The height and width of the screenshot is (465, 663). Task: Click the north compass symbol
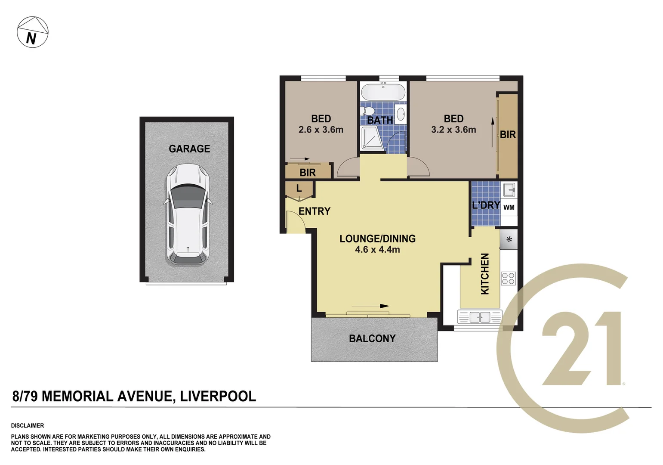coord(32,32)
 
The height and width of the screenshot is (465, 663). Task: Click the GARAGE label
coord(189,149)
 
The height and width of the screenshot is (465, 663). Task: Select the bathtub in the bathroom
coord(383,92)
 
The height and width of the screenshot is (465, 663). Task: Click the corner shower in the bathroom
coord(372,138)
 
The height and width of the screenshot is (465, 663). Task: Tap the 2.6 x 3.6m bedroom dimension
coord(321,130)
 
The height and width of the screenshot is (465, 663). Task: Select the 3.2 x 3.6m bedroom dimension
coord(453,130)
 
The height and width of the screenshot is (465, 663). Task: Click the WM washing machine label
coord(509,208)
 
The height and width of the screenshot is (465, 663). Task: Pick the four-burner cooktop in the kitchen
coord(508,278)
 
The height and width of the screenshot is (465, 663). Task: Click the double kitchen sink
coord(480,317)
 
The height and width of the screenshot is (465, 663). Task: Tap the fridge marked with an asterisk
coord(509,240)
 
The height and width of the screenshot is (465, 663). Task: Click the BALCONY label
coord(372,339)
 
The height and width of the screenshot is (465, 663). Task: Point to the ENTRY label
coord(315,211)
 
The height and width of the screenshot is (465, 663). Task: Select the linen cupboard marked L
coord(299,189)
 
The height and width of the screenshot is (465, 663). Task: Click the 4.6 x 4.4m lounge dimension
coord(377,250)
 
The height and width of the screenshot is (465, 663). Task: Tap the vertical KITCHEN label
coord(485,274)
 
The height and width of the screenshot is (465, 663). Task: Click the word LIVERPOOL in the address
coord(218,396)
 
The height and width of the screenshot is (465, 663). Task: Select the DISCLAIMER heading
coord(28,425)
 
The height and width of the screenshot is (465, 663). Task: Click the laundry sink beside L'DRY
coord(509,189)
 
